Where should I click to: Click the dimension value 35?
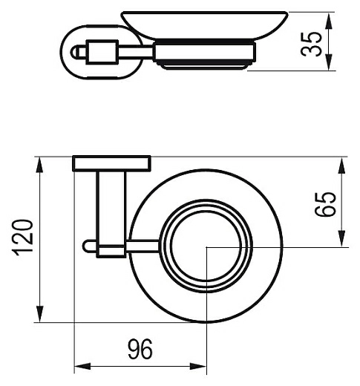coord(312,44)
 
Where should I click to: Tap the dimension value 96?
coord(140,350)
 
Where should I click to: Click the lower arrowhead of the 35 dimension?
coord(329,62)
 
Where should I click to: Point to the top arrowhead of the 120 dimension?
coord(39,166)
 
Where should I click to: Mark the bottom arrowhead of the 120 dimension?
coord(39,314)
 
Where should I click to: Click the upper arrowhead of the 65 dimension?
coord(341,166)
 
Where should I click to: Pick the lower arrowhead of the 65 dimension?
coord(341,238)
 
